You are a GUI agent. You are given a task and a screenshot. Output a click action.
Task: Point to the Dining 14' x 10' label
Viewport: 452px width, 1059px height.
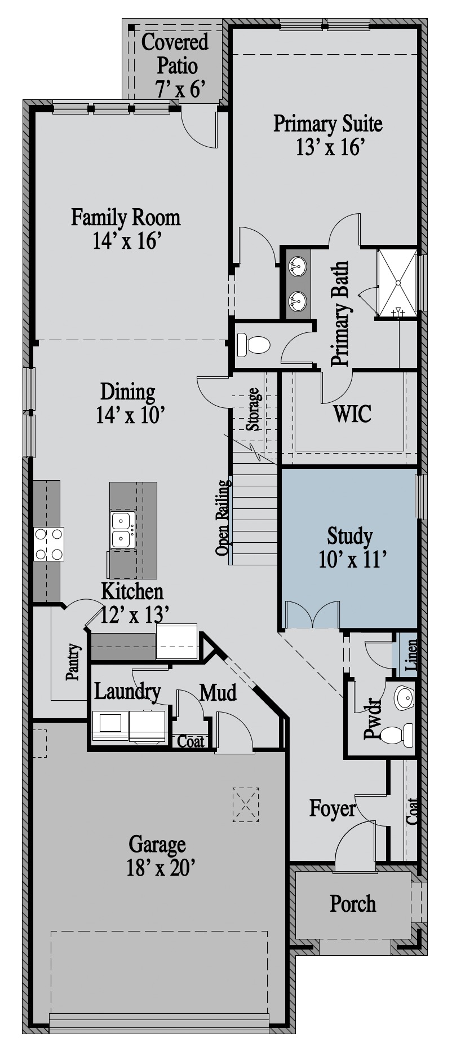[128, 403]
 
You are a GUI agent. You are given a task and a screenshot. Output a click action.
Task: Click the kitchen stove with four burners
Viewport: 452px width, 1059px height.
[48, 544]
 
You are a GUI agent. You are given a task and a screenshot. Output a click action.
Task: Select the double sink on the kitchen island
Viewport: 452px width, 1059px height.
[123, 530]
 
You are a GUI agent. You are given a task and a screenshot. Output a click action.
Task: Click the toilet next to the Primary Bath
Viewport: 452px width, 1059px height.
[254, 344]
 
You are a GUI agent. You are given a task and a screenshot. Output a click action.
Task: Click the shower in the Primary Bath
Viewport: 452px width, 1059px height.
[397, 282]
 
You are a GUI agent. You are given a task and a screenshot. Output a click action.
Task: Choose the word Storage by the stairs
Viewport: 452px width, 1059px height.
[254, 409]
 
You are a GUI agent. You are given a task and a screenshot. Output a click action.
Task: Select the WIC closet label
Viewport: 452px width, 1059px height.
[352, 414]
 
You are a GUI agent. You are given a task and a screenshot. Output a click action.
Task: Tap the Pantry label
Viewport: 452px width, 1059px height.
[73, 662]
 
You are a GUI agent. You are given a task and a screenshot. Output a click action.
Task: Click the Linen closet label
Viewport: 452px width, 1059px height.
[411, 655]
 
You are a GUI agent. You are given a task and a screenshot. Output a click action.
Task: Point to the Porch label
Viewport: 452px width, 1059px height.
[353, 903]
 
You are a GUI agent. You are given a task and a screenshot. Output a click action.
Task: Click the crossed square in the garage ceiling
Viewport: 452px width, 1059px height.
[246, 804]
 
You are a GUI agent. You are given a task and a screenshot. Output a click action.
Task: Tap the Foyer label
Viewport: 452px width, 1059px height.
[333, 809]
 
